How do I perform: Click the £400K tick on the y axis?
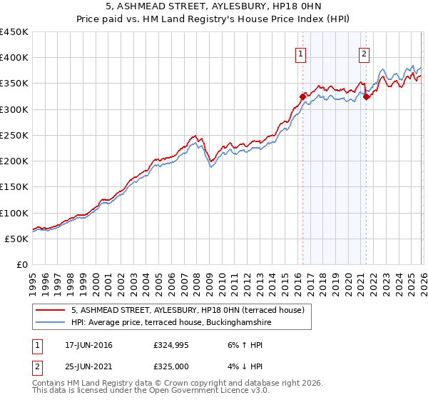tap(14, 58)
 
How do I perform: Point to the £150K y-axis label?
tap(14, 187)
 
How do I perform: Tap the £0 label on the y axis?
tap(21, 265)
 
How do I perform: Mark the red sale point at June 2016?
tap(302, 96)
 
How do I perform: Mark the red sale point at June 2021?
tap(366, 97)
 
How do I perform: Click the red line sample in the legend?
tap(51, 311)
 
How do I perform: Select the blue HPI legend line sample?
tap(51, 323)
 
